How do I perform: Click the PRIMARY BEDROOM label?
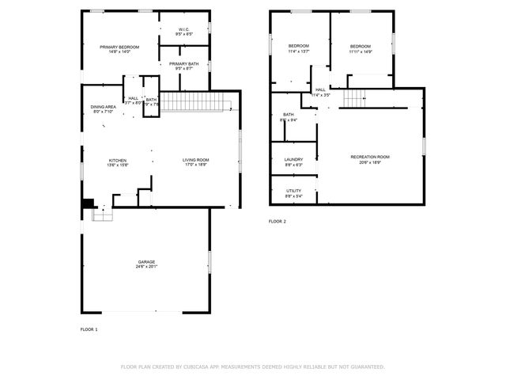tap(119, 47)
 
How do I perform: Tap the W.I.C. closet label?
tap(183, 29)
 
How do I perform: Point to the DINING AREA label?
tap(104, 107)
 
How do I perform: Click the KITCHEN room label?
tap(117, 160)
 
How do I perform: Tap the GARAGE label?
tap(146, 261)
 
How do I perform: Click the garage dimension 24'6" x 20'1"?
tap(146, 267)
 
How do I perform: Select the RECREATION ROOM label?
tap(370, 157)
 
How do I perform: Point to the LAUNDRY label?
tap(293, 160)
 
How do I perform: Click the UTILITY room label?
tap(293, 191)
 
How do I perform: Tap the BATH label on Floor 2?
tap(289, 115)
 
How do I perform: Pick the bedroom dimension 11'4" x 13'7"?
tap(298, 51)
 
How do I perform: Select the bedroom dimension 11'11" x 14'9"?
tap(361, 51)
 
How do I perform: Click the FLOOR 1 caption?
tap(89, 329)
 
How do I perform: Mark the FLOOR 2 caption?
tap(278, 221)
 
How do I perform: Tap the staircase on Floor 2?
tap(355, 97)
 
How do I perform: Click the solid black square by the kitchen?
tap(87, 203)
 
